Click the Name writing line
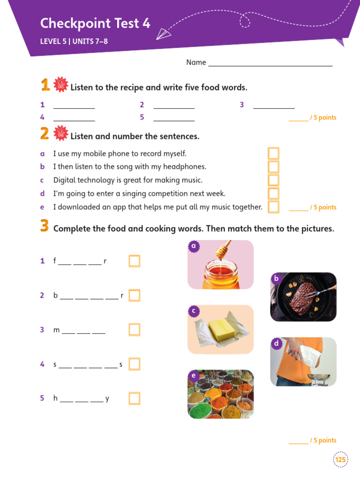pos(270,65)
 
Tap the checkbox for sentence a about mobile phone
pos(273,153)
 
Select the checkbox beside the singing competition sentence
pos(273,194)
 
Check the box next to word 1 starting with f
pos(135,261)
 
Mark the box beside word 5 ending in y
pos(135,398)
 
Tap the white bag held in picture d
pos(307,353)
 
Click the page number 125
pos(341,459)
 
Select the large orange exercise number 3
pos(45,226)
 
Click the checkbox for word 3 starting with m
pos(135,330)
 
